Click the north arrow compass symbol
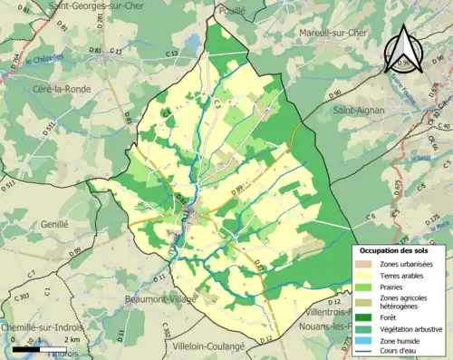tap(402, 49)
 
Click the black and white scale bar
tap(38, 347)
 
